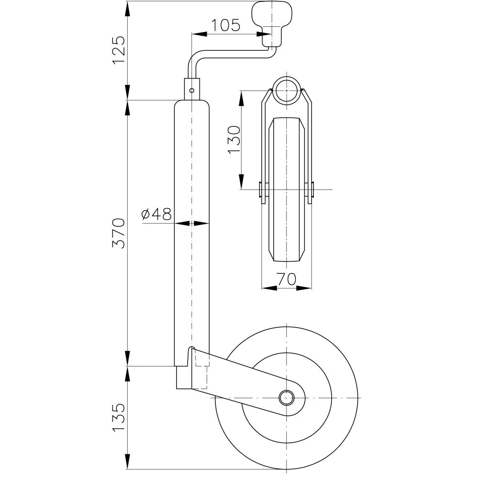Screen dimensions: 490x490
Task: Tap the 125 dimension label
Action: (119, 50)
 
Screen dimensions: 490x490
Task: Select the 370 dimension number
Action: (119, 234)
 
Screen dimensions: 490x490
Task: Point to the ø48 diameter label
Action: (156, 214)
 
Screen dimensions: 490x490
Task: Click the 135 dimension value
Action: (119, 417)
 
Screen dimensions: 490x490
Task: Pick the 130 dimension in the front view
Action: (234, 140)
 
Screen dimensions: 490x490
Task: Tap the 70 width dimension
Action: (286, 279)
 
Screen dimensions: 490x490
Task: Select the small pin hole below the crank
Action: (192, 90)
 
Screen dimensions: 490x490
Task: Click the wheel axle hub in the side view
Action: (287, 398)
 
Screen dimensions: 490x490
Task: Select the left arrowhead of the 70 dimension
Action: (269, 288)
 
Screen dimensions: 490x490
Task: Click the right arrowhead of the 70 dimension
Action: (304, 288)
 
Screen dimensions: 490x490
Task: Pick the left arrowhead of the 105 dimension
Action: (199, 34)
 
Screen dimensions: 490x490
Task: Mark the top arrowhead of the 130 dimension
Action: (241, 99)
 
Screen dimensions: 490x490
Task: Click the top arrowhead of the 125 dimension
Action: (127, 9)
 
